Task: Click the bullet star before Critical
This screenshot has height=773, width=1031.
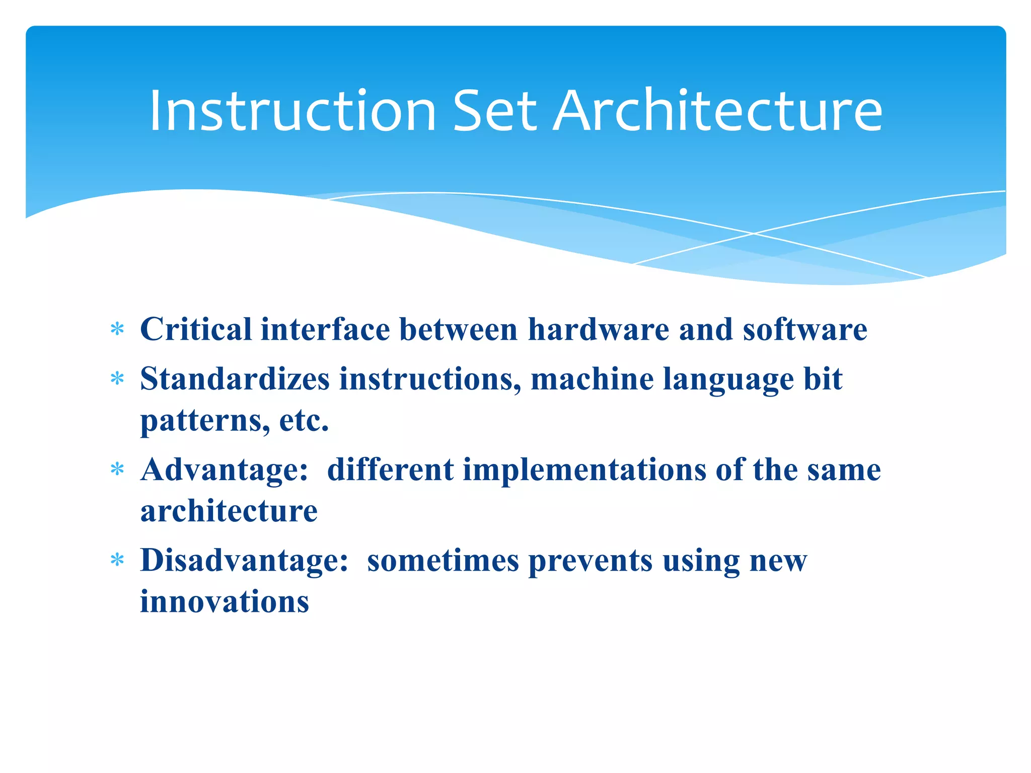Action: [117, 330]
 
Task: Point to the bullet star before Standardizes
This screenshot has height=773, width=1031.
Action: [117, 379]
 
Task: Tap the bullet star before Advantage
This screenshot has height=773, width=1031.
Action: [117, 470]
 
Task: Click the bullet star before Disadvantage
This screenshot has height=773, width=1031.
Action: [117, 561]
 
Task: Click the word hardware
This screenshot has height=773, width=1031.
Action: [599, 330]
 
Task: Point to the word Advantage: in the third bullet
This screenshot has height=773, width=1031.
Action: [224, 470]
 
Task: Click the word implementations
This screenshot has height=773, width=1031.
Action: [584, 470]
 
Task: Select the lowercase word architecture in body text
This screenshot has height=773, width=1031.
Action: [229, 511]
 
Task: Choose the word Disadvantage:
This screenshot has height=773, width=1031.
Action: [244, 560]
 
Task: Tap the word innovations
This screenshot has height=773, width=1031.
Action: [224, 602]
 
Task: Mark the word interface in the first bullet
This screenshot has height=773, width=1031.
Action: [325, 330]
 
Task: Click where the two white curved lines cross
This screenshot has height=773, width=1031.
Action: [754, 234]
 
